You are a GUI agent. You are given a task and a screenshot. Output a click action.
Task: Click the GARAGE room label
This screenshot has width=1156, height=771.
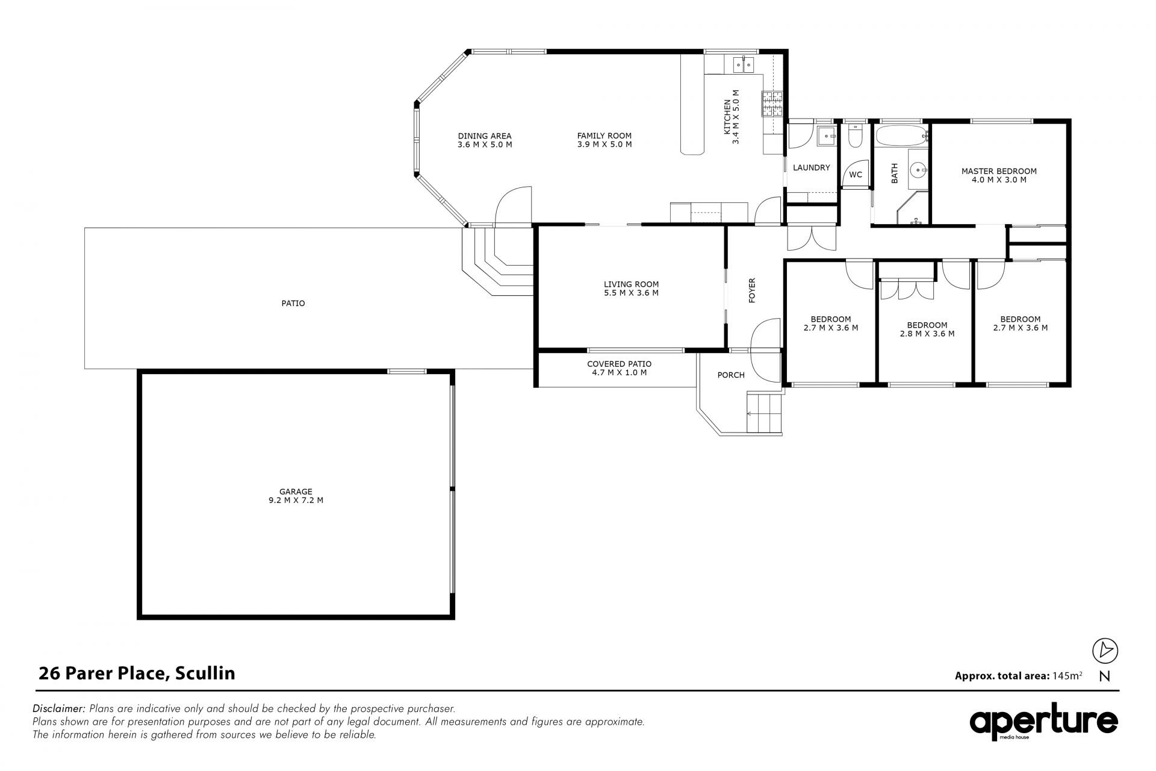coord(296,492)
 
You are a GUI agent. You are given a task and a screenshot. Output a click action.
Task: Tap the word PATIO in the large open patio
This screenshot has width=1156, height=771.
coord(293,304)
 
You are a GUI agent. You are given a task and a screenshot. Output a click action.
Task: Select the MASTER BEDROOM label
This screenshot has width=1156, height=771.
coord(999,171)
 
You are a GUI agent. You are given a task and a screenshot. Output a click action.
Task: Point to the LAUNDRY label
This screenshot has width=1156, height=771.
coord(811,167)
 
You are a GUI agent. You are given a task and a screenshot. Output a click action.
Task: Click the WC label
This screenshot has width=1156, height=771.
coord(856,175)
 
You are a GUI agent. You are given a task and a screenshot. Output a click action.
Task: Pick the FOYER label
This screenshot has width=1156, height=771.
coord(752,290)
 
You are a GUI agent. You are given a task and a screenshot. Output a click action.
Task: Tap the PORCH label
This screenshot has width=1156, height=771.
coord(731,375)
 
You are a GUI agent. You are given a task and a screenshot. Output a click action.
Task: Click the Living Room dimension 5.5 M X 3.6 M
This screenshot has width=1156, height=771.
coord(631,293)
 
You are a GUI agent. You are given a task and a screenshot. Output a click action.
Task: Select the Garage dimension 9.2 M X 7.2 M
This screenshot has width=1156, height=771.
coord(296,500)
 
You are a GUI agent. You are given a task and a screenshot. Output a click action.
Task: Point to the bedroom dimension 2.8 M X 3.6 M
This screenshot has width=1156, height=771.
coord(927,334)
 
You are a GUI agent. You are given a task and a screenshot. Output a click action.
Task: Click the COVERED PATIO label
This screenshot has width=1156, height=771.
coord(619,364)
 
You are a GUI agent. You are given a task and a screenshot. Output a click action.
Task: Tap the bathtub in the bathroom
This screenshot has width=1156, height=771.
coord(900,136)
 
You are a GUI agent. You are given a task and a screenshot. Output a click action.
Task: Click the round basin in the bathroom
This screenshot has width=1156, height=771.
coord(918,169)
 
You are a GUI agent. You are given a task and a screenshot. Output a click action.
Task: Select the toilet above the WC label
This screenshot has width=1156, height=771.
coord(854,137)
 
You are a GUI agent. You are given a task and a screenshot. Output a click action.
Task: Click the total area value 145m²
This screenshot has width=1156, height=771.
coord(1067,675)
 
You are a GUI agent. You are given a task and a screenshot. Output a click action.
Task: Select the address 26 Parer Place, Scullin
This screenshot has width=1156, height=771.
coord(137,673)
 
